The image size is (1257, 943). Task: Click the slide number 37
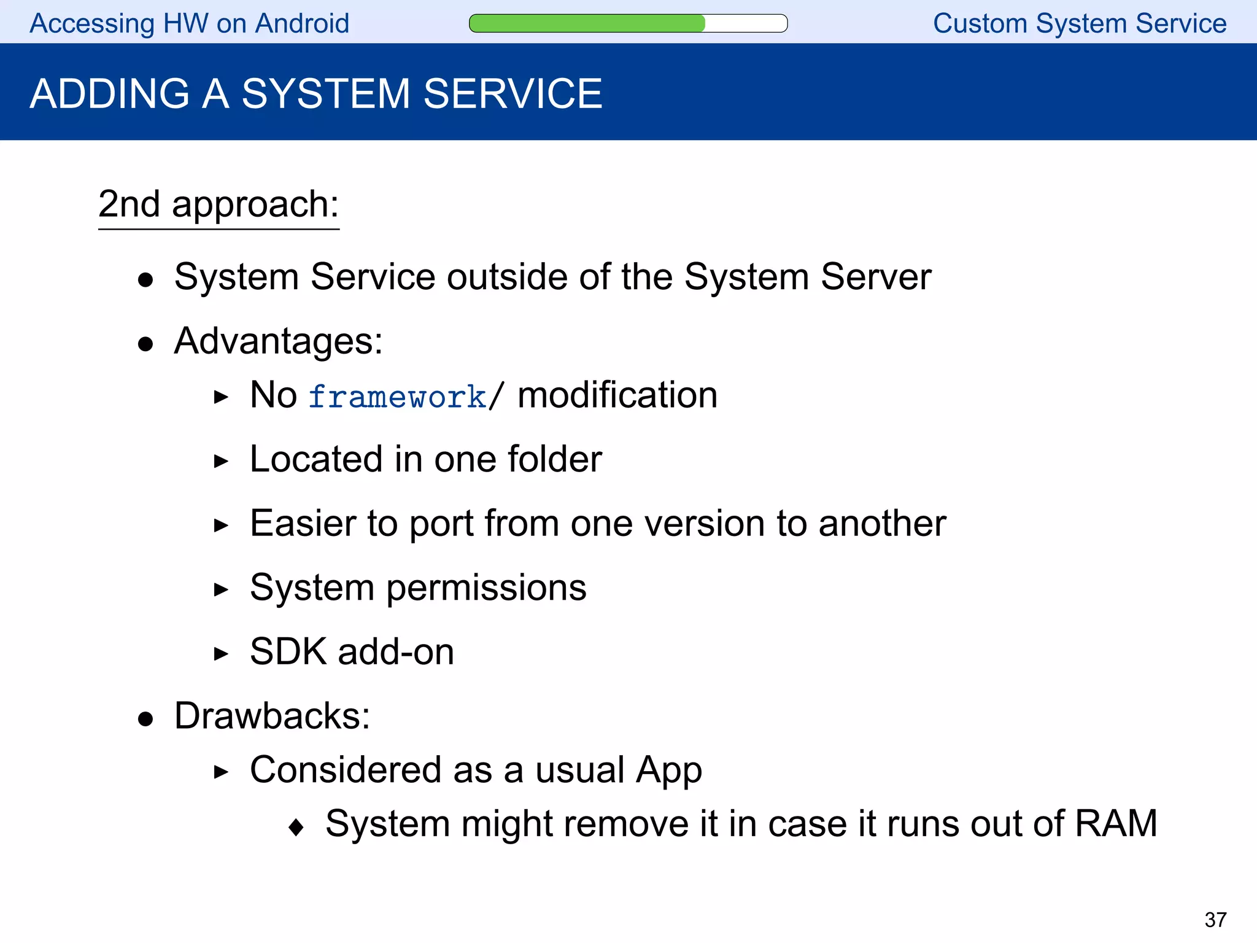click(1215, 920)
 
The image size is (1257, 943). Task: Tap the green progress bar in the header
click(587, 23)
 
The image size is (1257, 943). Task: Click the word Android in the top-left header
click(302, 23)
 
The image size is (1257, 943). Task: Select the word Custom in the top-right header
click(980, 23)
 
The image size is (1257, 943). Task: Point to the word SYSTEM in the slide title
click(325, 94)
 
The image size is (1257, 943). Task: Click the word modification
click(617, 395)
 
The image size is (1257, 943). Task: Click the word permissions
click(486, 588)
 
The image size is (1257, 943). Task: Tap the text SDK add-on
click(352, 651)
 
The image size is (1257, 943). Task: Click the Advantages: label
click(278, 341)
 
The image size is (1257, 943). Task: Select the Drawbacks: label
click(272, 716)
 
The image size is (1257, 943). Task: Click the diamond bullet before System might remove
click(296, 827)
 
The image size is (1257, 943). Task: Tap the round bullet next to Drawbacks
click(145, 719)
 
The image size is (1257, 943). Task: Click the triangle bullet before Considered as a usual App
click(221, 772)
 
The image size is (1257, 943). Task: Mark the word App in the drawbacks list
click(668, 771)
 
